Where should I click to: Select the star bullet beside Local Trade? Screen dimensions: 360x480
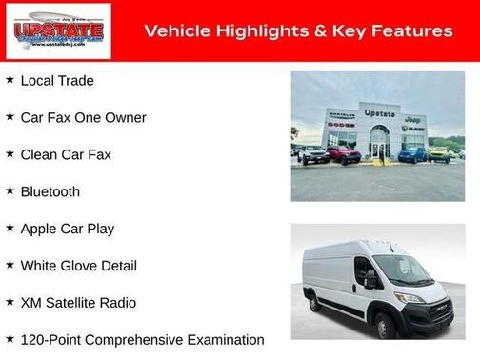coord(10,80)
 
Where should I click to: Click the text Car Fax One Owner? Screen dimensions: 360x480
coord(83,117)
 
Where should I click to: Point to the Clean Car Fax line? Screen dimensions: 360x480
coord(66,154)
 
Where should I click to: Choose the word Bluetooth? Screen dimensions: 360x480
coord(50,191)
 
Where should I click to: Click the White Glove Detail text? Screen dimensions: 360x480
coord(78,266)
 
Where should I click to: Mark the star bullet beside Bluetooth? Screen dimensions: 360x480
coord(10,191)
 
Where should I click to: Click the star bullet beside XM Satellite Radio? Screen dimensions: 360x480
coord(10,303)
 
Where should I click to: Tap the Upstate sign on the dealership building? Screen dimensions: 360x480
coord(379,114)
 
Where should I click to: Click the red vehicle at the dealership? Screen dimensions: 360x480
coord(343,154)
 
